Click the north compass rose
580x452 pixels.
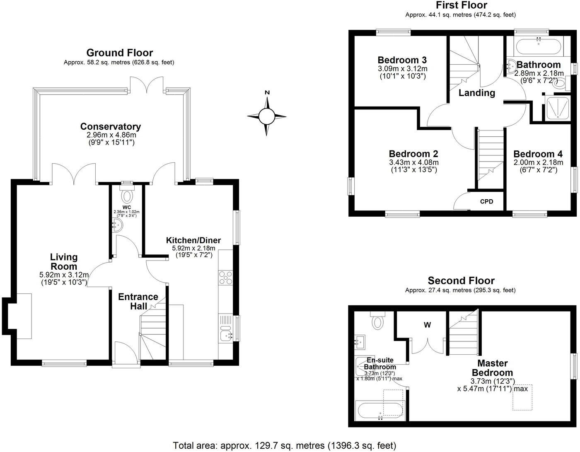coord(267,116)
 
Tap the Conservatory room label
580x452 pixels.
coord(110,126)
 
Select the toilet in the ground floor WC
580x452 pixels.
coord(127,195)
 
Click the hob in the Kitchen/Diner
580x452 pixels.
coord(226,278)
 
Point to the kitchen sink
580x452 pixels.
coord(226,335)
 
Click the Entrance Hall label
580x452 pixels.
coord(138,301)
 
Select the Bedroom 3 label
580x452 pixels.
coord(402,60)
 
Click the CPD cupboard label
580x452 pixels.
coord(486,202)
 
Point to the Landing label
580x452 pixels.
coord(477,93)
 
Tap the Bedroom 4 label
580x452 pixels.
coord(538,154)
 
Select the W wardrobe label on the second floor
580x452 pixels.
coord(427,325)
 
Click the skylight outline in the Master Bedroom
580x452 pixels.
coord(523,397)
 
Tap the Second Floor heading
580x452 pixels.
coord(461,281)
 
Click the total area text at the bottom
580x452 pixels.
coord(284,445)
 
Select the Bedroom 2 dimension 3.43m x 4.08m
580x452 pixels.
coord(413,162)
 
